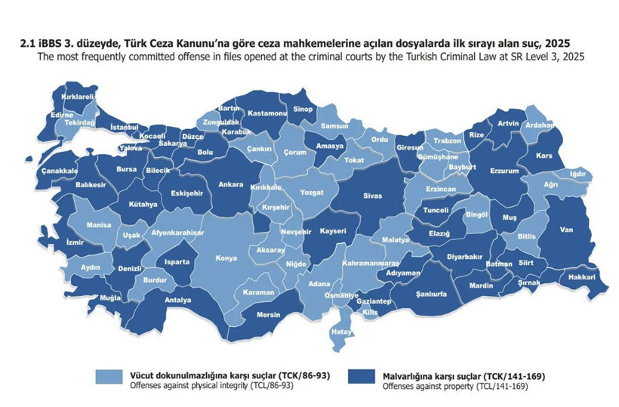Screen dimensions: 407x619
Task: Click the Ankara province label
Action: tap(230, 184)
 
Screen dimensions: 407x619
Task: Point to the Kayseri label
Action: tap(333, 230)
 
